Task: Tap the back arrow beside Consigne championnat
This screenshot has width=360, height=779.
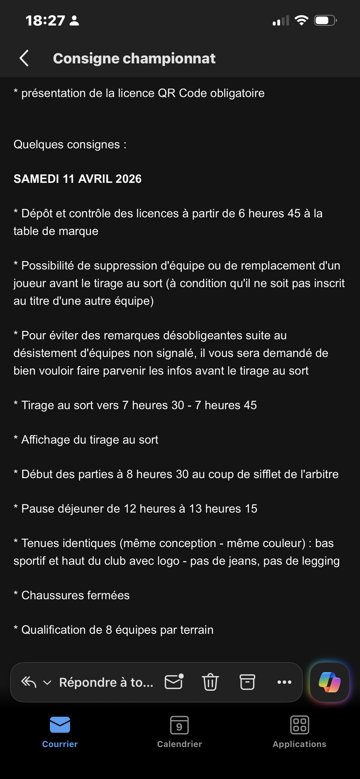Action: tap(24, 58)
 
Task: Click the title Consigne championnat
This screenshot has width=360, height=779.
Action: tap(134, 58)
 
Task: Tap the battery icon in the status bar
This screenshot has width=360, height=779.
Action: tap(325, 20)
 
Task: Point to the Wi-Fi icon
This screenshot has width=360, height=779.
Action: tap(301, 20)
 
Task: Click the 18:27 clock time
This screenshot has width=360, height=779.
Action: tap(45, 20)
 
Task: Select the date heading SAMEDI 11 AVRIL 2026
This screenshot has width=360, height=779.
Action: tap(78, 179)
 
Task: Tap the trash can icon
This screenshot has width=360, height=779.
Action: tap(210, 682)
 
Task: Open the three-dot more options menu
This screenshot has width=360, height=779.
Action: tap(284, 682)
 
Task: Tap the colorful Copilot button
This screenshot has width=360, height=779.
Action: tap(330, 682)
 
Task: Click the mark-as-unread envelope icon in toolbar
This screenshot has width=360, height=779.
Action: tap(174, 682)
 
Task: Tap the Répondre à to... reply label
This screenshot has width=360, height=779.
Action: tap(106, 682)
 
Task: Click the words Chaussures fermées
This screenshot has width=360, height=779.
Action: tap(75, 595)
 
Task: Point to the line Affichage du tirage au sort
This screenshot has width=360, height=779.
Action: tap(90, 440)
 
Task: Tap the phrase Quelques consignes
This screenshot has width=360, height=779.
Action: tap(67, 144)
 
